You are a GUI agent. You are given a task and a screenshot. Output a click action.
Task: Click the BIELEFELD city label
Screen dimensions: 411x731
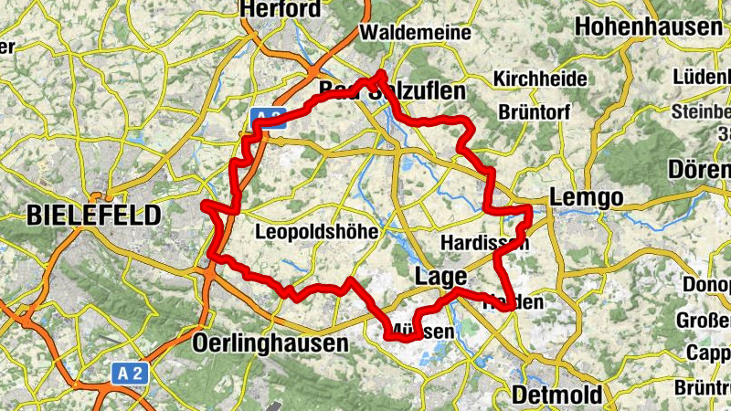pos(93,215)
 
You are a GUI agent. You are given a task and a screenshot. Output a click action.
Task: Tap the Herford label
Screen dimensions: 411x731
pos(281,10)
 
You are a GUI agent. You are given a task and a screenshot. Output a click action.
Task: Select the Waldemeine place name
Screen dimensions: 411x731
pos(416,32)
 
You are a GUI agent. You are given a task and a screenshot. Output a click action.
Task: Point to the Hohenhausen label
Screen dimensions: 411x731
pos(650,27)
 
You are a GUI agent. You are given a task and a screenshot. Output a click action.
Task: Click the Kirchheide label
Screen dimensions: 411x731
pos(540,79)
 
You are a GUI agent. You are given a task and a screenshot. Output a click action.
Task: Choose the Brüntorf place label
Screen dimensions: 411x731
pos(535,112)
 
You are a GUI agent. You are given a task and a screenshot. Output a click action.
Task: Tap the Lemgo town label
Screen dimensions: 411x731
pos(586,197)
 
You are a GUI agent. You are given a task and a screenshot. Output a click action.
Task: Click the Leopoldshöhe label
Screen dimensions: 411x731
pos(316,232)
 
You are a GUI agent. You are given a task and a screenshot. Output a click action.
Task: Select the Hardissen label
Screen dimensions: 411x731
pos(483,243)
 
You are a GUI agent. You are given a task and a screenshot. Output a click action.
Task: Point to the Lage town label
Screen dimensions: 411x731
pos(441,276)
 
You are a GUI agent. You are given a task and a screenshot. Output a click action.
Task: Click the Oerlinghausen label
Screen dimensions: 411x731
pos(271,343)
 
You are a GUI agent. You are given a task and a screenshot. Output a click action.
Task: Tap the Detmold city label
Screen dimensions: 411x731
pos(557,395)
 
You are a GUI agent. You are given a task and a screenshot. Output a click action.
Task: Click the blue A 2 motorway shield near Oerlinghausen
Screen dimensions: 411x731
pos(131,373)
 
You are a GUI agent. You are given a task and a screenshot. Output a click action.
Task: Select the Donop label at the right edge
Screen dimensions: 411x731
pos(706,284)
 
